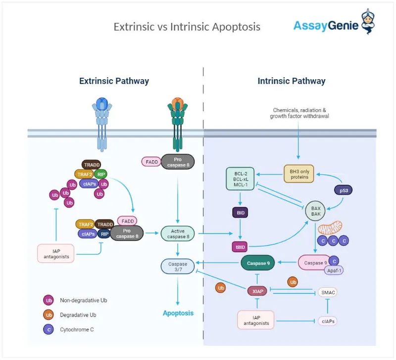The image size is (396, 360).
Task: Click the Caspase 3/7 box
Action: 178,267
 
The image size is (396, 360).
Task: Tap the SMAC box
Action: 328,292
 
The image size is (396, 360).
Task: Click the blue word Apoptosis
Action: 178,313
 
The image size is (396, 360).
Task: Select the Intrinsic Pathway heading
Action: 291,81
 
